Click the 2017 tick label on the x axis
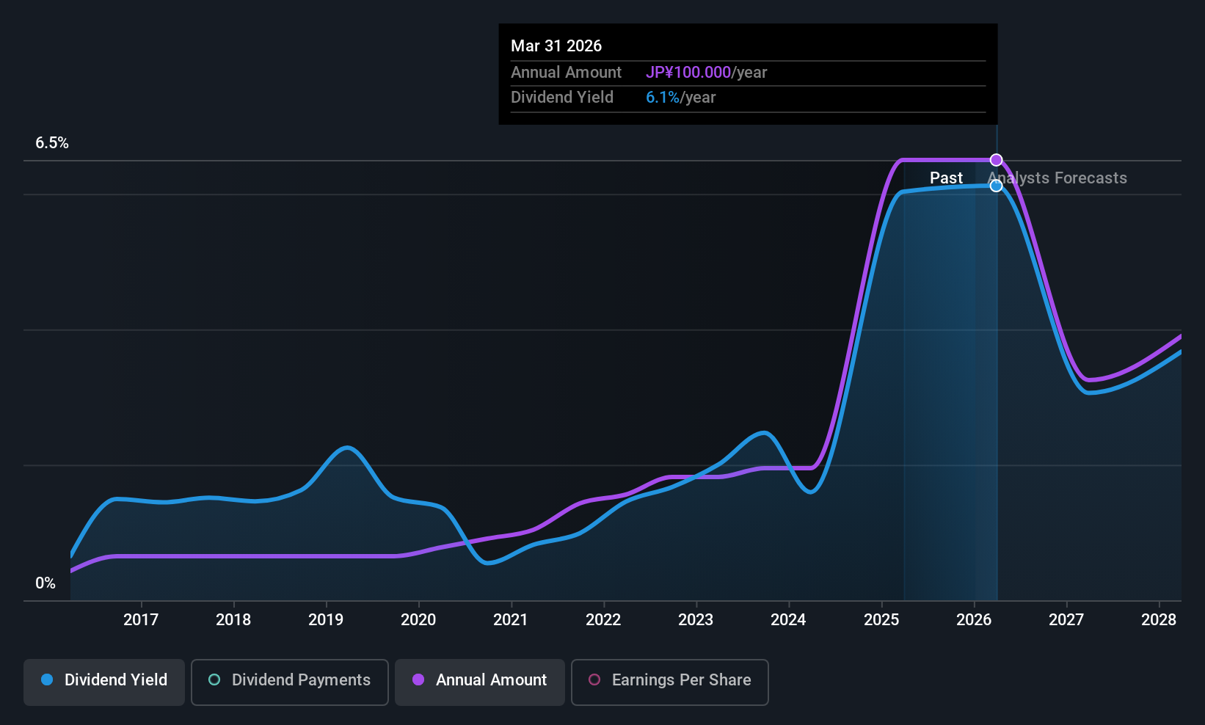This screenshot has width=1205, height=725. [x=140, y=619]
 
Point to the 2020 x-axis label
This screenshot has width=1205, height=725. [x=418, y=619]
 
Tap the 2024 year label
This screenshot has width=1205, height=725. [x=787, y=619]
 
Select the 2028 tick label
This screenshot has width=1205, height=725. [x=1158, y=619]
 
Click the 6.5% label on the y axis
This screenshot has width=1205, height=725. [x=51, y=143]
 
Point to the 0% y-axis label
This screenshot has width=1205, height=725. [x=45, y=583]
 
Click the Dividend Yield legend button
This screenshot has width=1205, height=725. [x=104, y=680]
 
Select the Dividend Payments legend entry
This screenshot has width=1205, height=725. [x=290, y=680]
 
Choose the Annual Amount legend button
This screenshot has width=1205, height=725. [x=480, y=680]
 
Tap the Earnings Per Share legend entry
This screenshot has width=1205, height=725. [x=669, y=680]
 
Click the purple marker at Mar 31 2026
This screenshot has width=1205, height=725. [x=996, y=160]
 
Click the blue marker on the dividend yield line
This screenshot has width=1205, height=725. [x=996, y=186]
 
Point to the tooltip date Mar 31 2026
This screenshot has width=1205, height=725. [x=556, y=45]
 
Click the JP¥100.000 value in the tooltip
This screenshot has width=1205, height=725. [x=688, y=72]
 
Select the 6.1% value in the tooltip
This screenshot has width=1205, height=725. [x=662, y=98]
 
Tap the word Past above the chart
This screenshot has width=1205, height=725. [x=946, y=178]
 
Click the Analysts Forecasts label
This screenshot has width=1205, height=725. [x=1057, y=178]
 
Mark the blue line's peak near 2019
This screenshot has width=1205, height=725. [x=346, y=448]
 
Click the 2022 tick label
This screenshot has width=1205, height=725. [x=602, y=619]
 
